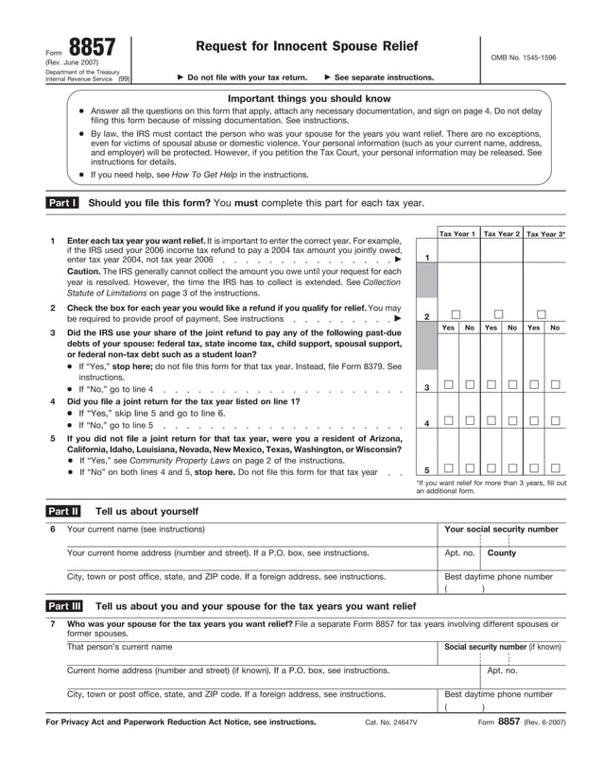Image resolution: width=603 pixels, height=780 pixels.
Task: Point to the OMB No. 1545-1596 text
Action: (524, 58)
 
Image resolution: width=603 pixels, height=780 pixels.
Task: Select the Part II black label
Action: (62, 511)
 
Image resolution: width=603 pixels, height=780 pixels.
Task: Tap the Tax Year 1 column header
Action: (457, 232)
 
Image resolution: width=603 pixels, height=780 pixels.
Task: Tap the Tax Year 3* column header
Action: (545, 232)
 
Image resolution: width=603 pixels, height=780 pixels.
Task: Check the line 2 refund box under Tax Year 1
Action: (457, 314)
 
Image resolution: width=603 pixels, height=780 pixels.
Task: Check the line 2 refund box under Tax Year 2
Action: (499, 314)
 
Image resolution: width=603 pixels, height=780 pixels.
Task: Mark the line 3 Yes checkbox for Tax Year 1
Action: (448, 384)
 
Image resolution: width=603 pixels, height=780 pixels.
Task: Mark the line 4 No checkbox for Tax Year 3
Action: (556, 420)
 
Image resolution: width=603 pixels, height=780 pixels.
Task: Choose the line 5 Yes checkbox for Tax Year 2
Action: (491, 467)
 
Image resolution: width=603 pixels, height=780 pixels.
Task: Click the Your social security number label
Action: (501, 530)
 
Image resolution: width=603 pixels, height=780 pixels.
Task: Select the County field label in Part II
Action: (502, 553)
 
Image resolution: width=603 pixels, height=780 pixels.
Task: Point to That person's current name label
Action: (119, 647)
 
